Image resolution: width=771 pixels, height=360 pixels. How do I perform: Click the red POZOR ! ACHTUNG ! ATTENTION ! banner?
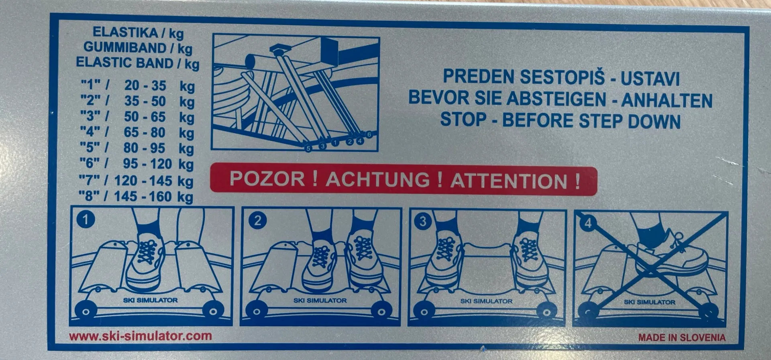click(x=404, y=180)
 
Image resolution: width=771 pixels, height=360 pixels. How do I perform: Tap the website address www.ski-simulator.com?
click(x=140, y=336)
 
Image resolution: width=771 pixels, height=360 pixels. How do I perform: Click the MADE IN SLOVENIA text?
click(x=682, y=338)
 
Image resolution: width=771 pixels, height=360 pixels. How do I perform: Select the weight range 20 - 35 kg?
click(x=159, y=85)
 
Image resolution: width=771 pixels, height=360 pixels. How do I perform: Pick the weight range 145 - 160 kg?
click(x=153, y=196)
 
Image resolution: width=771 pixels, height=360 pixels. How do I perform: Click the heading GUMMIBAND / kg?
click(x=138, y=48)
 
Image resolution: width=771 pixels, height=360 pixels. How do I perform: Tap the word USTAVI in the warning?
click(x=650, y=78)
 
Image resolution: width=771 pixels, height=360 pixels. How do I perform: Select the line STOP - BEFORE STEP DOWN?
click(x=560, y=120)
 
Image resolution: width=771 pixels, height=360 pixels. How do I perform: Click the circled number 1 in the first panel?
click(x=85, y=219)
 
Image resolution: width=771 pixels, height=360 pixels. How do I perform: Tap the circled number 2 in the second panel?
click(x=257, y=220)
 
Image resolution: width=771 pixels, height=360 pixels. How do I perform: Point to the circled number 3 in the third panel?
click(x=422, y=221)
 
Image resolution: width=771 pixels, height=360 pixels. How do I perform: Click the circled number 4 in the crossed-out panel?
click(x=588, y=223)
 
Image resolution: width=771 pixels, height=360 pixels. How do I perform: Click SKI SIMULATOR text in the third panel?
click(x=486, y=301)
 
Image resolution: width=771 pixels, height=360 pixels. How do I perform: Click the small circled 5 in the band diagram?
click(x=308, y=148)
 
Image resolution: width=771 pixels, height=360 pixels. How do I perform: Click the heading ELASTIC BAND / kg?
click(x=138, y=63)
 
